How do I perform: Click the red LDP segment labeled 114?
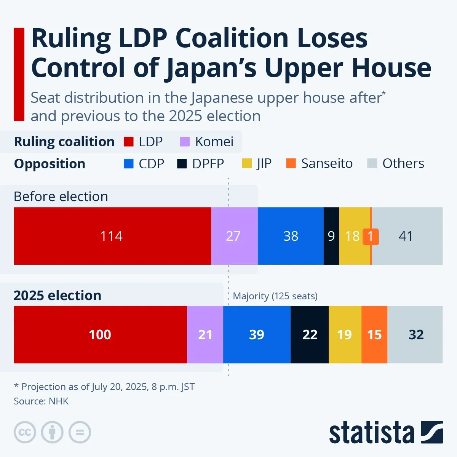112,236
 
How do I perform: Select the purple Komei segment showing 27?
234,236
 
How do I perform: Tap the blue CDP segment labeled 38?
291,236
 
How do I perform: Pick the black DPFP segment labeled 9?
331,236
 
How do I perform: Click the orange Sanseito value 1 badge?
371,236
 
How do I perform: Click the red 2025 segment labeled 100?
100,334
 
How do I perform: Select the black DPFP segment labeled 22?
310,334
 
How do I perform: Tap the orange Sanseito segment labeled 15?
374,334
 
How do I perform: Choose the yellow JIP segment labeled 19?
345,334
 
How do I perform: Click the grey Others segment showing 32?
415,334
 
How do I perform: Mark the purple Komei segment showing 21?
205,334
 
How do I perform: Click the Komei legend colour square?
185,142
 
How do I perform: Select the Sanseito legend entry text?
327,163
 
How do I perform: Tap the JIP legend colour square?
247,163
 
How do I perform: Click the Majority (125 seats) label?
275,296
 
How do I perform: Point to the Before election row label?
61,197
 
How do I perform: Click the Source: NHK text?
41,401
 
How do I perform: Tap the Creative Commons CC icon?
25,432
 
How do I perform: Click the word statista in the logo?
371,433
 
